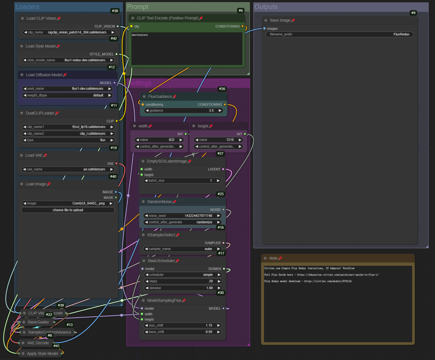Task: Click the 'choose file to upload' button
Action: coord(68,210)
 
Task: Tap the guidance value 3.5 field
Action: coord(183,110)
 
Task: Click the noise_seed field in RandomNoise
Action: coord(182,216)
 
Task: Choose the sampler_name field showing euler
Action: coord(182,249)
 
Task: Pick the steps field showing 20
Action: coord(182,281)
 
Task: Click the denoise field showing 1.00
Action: coord(182,288)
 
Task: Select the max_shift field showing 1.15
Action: coord(182,325)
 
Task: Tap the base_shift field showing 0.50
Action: coord(182,332)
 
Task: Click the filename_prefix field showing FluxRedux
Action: coord(339,35)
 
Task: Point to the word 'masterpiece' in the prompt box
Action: coord(140,35)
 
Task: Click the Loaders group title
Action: coord(27,7)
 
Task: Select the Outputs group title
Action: coord(266,7)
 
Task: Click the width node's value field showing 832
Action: coord(159,140)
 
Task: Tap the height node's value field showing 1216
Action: coord(219,140)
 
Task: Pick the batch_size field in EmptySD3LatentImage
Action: coord(182,181)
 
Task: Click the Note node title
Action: coord(273,258)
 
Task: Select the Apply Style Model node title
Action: coord(43,354)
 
